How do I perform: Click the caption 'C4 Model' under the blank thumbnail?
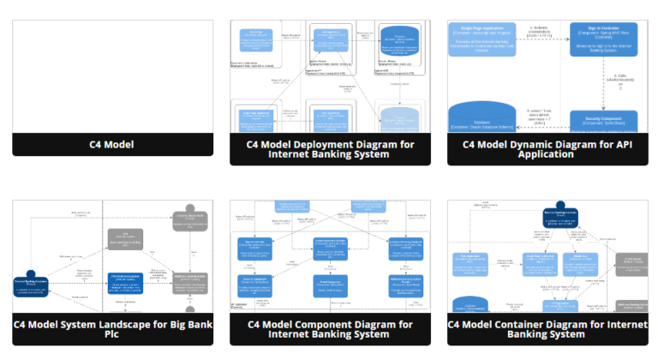point(112,145)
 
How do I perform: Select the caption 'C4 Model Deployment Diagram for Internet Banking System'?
point(330,149)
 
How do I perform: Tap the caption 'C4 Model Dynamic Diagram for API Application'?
point(547,149)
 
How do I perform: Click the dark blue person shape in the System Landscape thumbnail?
point(31,284)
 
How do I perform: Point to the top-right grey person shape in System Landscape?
point(189,219)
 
